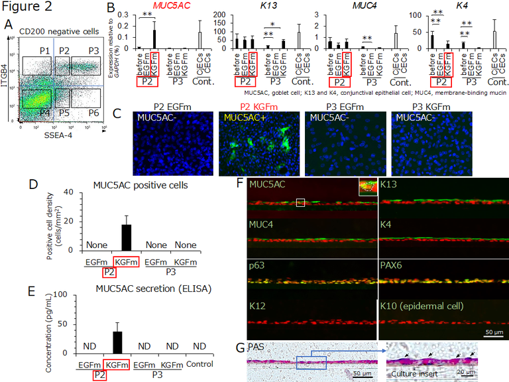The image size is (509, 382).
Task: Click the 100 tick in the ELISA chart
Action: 79,293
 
